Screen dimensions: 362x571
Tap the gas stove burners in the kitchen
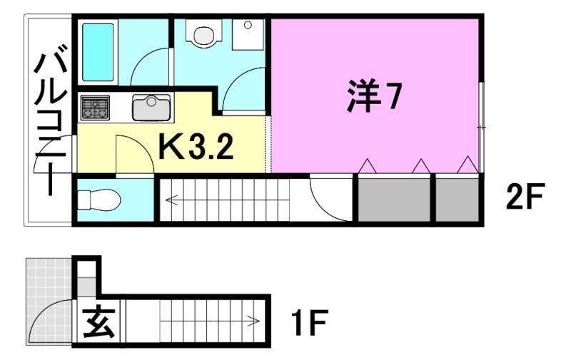[95, 108]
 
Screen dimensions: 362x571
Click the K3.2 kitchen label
[195, 148]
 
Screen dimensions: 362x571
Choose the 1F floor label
[309, 325]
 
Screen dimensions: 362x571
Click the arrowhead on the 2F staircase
[169, 200]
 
